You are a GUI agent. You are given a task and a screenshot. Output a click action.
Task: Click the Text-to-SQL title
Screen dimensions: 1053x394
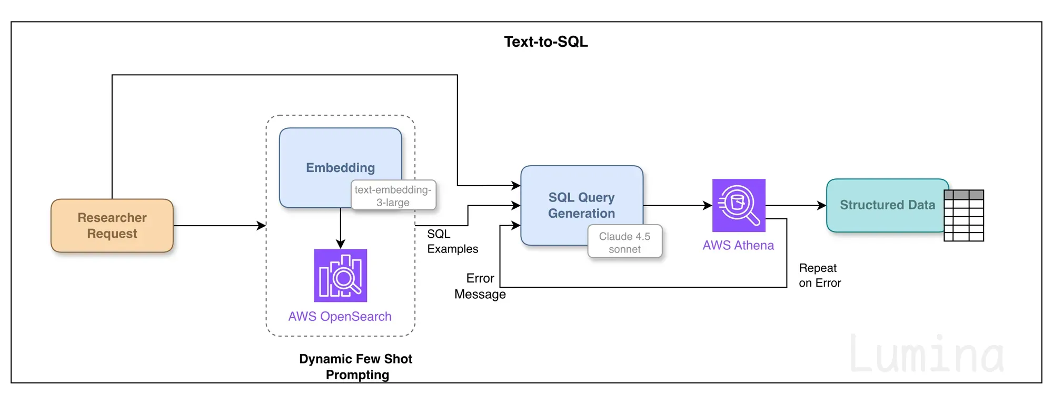546,42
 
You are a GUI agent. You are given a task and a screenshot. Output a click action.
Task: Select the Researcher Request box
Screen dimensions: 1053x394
112,226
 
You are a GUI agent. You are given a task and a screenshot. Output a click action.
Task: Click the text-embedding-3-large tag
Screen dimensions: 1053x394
393,196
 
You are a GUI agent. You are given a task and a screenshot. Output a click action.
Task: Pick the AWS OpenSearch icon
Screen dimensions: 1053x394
341,276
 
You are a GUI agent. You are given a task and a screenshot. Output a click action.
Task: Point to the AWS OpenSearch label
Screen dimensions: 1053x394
340,316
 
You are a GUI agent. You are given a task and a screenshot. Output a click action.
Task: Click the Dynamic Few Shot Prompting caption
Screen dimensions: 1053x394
356,367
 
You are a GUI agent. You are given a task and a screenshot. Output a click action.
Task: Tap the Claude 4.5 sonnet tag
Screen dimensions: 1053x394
625,243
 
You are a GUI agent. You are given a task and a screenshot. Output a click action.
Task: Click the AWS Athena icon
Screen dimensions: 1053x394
739,205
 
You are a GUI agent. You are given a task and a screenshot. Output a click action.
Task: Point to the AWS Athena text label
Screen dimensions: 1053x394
738,245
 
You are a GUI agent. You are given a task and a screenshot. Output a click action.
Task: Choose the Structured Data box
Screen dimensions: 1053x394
888,205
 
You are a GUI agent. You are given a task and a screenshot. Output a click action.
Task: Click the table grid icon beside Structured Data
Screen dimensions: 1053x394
964,216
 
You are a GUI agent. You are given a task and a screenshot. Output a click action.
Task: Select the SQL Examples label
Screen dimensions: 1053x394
453,241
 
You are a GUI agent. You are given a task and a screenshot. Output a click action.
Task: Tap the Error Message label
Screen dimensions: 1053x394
480,286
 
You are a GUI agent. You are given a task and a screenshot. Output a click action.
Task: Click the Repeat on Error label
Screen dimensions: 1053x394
820,276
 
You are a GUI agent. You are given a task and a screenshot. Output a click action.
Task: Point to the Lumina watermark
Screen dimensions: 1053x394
927,354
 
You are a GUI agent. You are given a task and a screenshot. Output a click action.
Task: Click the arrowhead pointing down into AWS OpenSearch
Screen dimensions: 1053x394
341,245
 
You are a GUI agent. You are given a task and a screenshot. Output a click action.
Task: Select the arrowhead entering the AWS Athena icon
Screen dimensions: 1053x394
708,206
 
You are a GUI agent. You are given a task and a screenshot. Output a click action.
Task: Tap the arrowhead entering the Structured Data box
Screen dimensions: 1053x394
822,206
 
